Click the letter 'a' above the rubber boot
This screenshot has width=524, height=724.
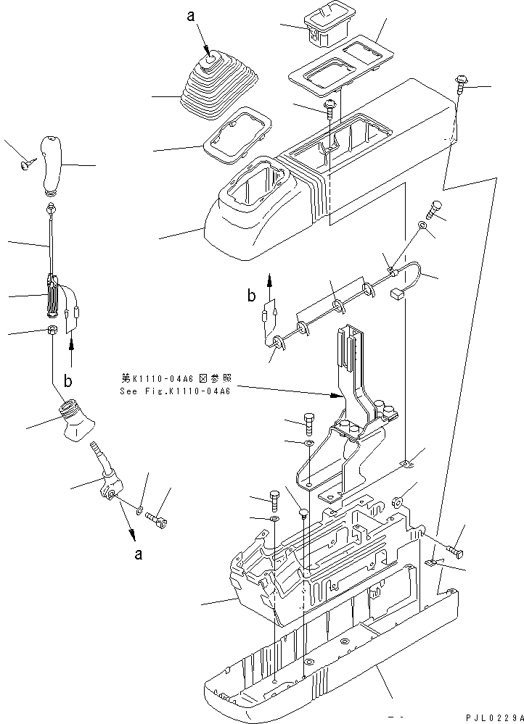click(x=191, y=15)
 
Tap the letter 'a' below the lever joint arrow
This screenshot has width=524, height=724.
click(x=138, y=556)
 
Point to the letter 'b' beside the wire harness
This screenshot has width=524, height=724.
click(x=251, y=295)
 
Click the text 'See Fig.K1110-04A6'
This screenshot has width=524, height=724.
click(x=175, y=391)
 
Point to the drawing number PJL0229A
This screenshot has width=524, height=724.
click(x=491, y=717)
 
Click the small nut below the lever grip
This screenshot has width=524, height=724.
click(x=52, y=330)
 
